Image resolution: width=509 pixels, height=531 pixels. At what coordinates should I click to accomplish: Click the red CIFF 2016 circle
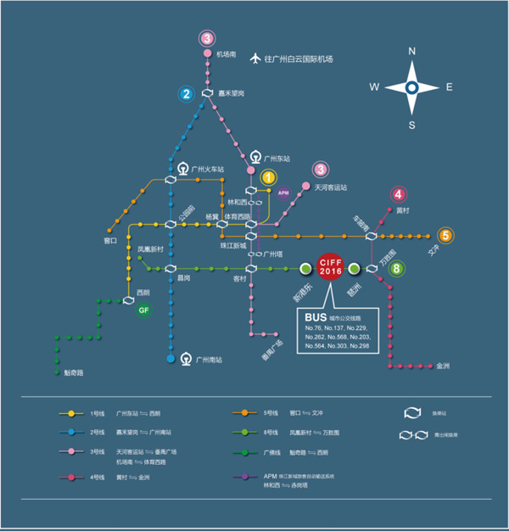329,268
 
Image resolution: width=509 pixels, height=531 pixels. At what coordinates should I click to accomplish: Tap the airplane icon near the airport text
254,59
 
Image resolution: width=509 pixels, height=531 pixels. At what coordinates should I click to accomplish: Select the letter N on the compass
411,51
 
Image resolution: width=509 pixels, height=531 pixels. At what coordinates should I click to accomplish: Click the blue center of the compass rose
411,87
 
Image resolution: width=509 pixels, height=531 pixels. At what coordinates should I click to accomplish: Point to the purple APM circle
284,193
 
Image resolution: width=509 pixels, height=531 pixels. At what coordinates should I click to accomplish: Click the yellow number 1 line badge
268,177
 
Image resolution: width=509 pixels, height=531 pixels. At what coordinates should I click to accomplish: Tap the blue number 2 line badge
186,93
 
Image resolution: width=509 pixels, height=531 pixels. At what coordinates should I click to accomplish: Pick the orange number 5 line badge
445,236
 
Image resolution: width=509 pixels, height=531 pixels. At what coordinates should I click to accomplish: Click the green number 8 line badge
397,269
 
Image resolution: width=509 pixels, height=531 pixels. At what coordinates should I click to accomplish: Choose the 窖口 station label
109,241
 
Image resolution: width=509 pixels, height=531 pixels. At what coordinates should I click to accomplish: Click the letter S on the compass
411,125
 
